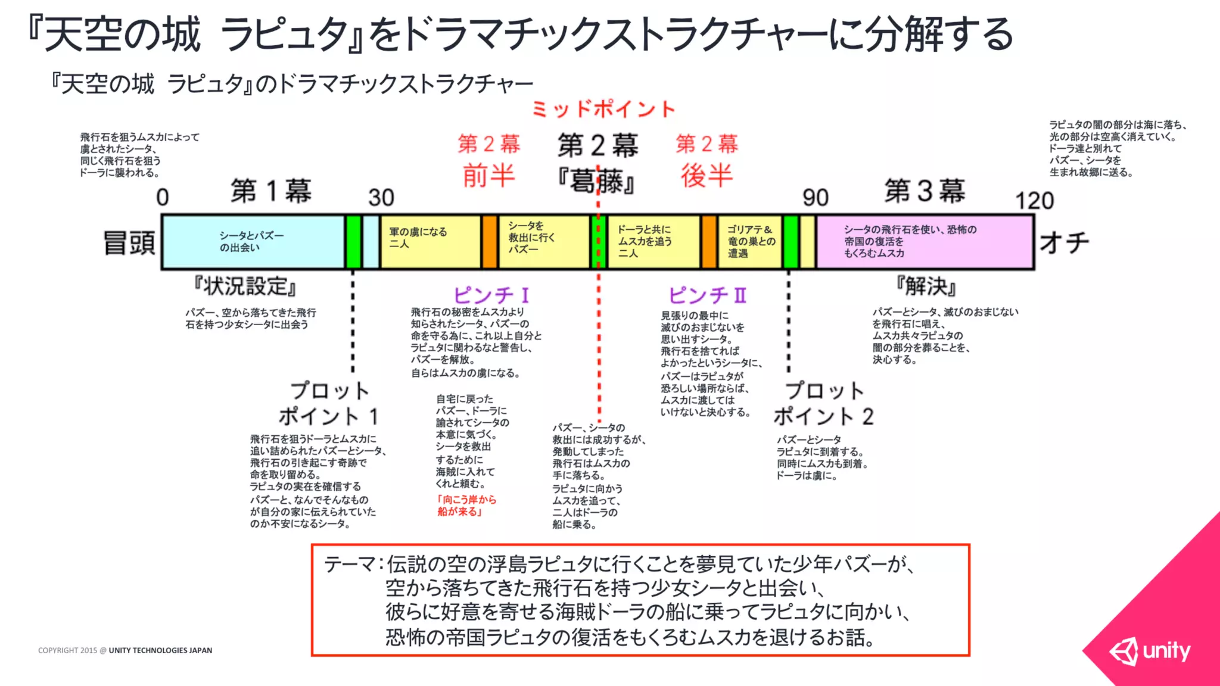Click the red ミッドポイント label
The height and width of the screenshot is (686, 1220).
603,109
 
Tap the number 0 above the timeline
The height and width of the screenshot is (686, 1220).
163,197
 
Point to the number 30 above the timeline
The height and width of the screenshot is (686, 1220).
381,197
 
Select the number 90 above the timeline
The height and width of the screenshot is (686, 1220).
815,197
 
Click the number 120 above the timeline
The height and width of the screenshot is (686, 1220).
1034,201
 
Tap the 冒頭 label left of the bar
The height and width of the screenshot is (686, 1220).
129,243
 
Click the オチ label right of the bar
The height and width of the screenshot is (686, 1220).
1064,243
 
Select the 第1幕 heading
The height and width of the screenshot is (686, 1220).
271,191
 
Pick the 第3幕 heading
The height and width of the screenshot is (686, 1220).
925,191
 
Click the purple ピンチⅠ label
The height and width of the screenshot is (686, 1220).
491,295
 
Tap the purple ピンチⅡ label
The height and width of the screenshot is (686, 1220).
707,295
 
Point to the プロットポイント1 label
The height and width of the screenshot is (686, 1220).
329,403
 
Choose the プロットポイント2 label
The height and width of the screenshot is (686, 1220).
824,403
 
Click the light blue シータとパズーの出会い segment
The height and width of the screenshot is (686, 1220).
253,242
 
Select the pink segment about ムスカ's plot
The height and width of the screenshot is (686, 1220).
925,242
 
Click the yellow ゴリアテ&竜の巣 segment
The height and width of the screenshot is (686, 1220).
751,242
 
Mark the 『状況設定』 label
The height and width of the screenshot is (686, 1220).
245,286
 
